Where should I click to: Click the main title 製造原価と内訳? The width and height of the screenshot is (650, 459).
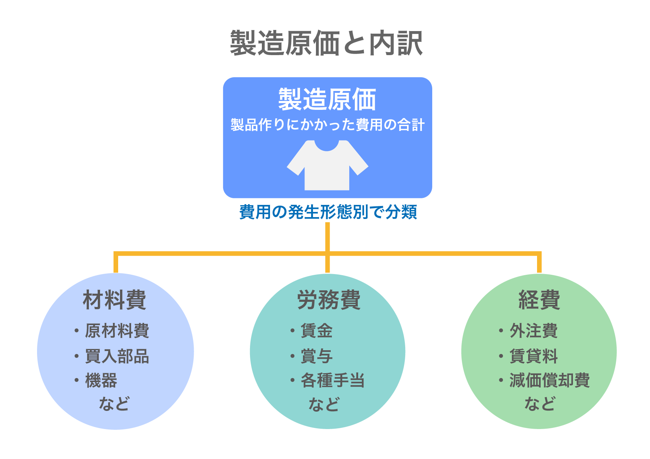(326, 43)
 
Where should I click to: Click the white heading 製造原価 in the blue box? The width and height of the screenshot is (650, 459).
(327, 99)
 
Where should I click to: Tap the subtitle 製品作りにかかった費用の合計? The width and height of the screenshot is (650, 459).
(327, 125)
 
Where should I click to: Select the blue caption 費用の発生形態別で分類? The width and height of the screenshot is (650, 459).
(328, 212)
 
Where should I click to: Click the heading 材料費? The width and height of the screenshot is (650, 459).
(115, 300)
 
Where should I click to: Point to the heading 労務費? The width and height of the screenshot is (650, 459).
(329, 300)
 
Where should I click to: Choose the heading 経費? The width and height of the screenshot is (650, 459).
(539, 300)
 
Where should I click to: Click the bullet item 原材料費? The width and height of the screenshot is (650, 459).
(117, 331)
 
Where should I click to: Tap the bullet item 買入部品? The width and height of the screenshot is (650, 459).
(117, 356)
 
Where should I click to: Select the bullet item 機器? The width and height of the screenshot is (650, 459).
(101, 380)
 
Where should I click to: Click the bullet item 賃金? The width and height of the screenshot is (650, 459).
(317, 331)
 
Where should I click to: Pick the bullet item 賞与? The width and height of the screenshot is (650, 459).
(317, 356)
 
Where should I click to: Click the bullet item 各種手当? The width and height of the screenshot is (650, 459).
(333, 380)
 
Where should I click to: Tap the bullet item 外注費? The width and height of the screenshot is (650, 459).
(534, 331)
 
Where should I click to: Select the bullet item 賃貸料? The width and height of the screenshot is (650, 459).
(534, 356)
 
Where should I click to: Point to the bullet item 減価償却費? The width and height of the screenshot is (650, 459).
(550, 380)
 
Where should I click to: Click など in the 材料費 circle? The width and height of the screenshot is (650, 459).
(114, 404)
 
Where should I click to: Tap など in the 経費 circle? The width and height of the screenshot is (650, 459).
(540, 404)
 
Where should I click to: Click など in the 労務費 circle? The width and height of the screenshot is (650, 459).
(324, 404)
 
